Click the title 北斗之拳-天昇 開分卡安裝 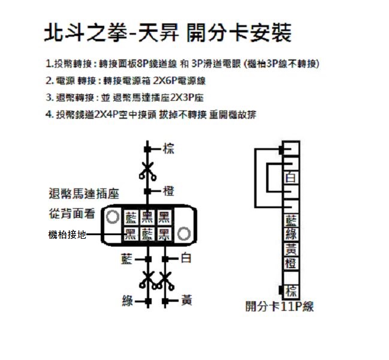point(167,33)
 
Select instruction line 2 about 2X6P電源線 point(125,80)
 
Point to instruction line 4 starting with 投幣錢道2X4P point(151,115)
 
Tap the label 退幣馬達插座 point(84,194)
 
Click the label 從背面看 point(72,214)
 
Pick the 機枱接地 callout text point(67,235)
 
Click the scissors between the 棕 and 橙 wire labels point(147,171)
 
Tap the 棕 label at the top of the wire point(168,149)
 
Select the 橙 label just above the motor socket point(168,191)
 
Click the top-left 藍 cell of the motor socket point(131,217)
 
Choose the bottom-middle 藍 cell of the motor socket point(147,234)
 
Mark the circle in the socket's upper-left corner point(112,217)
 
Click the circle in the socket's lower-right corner point(184,233)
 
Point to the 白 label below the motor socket point(186,258)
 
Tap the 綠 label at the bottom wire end point(128,301)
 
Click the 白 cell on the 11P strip point(291,178)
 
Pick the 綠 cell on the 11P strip point(291,234)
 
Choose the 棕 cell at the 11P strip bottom point(291,291)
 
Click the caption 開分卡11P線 point(279,307)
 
